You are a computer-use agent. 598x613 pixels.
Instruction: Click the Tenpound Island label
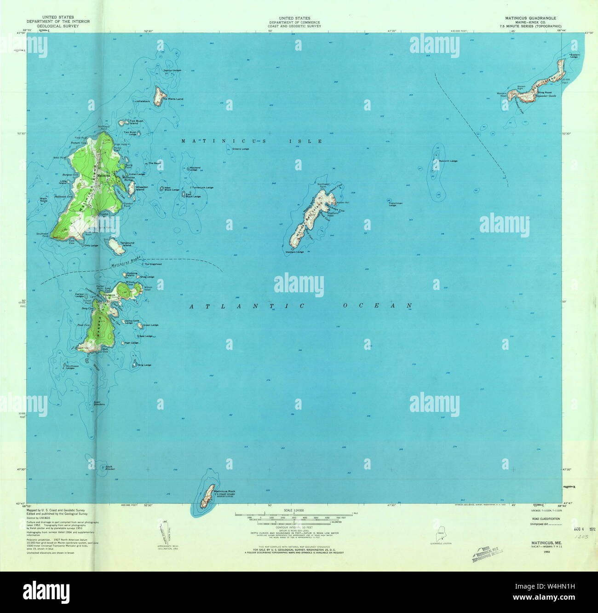point(127,244)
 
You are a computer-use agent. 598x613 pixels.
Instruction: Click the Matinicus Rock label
point(225,492)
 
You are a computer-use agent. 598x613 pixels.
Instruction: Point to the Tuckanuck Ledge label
point(202,187)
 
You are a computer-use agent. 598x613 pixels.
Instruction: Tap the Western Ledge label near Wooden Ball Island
point(294,252)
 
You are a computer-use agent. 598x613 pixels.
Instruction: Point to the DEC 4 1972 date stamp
point(584,529)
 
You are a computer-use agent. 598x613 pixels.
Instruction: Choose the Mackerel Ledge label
point(196,168)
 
